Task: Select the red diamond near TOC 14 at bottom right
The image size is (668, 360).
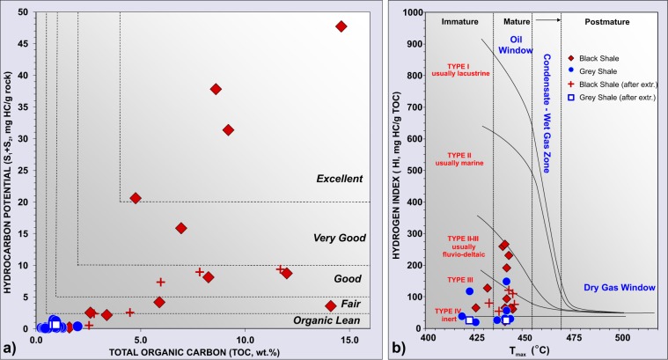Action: point(331,305)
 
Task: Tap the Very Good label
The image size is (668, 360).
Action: point(339,239)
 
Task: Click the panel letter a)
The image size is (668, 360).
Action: point(10,349)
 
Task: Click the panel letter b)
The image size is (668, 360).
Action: point(401,349)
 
